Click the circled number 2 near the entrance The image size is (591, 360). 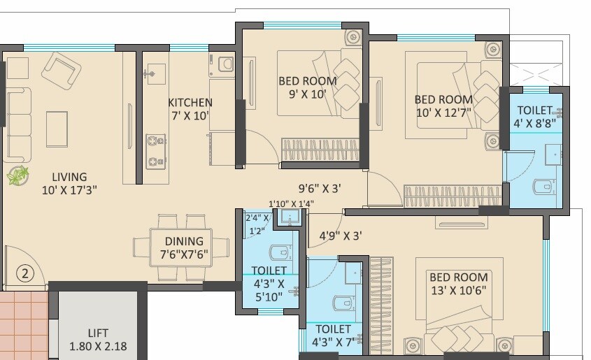[24, 273]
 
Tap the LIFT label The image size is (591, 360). [98, 333]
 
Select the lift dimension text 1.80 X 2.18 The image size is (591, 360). [98, 346]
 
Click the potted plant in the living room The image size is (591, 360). [17, 175]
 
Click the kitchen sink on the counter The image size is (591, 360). [152, 72]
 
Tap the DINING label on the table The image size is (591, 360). [180, 240]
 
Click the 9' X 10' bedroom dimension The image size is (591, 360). [307, 95]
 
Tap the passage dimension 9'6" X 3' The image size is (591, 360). [319, 187]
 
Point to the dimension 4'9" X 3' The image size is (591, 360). [341, 236]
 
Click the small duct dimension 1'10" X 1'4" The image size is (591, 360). [291, 204]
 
